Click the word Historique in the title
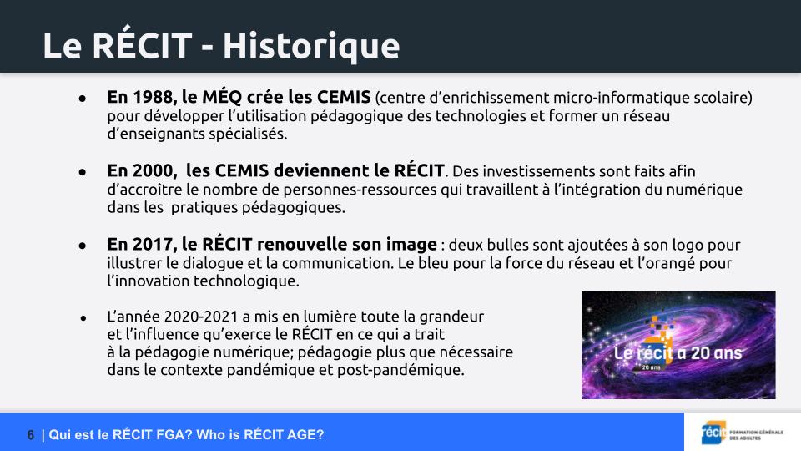point(311,47)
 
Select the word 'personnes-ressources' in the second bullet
point(360,190)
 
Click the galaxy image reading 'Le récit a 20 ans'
point(678,345)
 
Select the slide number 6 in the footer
point(31,435)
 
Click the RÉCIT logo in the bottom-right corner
point(743,433)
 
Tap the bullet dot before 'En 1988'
point(83,98)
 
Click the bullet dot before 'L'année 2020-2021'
point(83,318)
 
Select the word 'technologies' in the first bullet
point(481,116)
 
